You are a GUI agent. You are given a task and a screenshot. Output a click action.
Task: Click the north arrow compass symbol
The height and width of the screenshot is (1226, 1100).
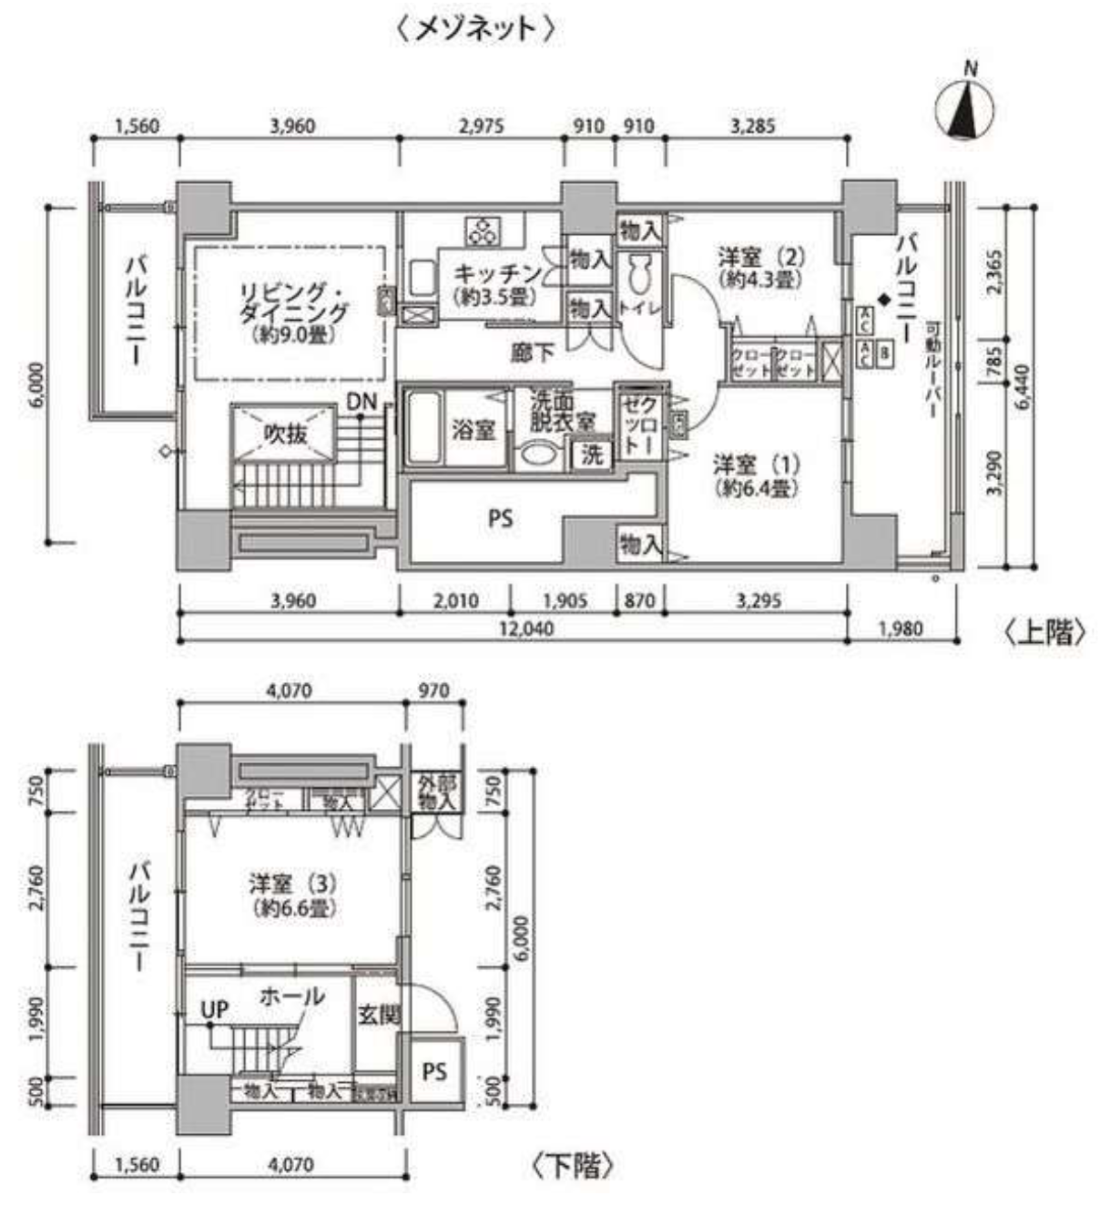coord(964,109)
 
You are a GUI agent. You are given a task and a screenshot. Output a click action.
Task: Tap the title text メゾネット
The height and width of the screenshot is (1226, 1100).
coord(475,28)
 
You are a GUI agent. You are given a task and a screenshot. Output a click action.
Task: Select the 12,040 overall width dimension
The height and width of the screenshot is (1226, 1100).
coord(526,628)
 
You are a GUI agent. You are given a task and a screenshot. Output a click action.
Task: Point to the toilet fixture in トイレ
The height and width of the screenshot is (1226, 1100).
coord(639,273)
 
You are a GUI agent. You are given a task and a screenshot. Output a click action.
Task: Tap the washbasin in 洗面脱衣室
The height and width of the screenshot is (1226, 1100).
coord(538,455)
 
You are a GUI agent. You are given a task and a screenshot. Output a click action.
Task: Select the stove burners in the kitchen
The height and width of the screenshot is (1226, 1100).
coord(481,231)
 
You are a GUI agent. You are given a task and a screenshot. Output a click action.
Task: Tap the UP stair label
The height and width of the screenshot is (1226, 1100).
coord(214,1010)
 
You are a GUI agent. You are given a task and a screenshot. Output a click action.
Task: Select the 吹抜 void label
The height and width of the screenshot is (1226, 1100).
coord(285,434)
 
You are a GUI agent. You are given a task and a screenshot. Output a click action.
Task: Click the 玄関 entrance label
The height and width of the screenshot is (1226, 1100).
coord(378,1014)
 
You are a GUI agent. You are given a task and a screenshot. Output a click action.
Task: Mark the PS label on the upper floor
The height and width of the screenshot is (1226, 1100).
coord(500,519)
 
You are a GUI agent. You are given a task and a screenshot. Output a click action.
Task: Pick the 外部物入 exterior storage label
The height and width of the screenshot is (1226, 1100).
coord(435,792)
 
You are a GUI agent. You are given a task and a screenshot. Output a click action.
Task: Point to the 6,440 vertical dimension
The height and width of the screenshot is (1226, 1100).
coord(1024,386)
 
